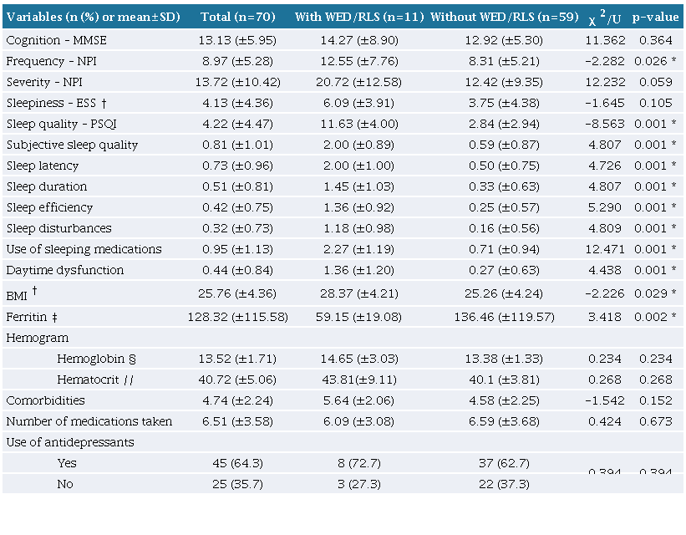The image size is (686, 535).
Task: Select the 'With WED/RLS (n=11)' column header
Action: pyautogui.click(x=358, y=17)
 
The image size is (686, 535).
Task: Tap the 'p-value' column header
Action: pyautogui.click(x=654, y=17)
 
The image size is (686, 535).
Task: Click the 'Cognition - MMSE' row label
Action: pyautogui.click(x=56, y=40)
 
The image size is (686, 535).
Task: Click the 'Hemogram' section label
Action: pyautogui.click(x=37, y=338)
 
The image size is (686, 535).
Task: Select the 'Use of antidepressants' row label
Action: pyautogui.click(x=70, y=442)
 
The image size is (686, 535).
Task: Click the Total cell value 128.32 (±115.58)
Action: pyautogui.click(x=240, y=318)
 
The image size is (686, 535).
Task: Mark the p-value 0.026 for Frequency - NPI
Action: pyautogui.click(x=653, y=61)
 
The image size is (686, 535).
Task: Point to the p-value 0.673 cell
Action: pyautogui.click(x=655, y=421)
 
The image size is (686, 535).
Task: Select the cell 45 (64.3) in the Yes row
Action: pyautogui.click(x=240, y=463)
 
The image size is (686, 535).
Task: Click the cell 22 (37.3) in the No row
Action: pyautogui.click(x=501, y=484)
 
